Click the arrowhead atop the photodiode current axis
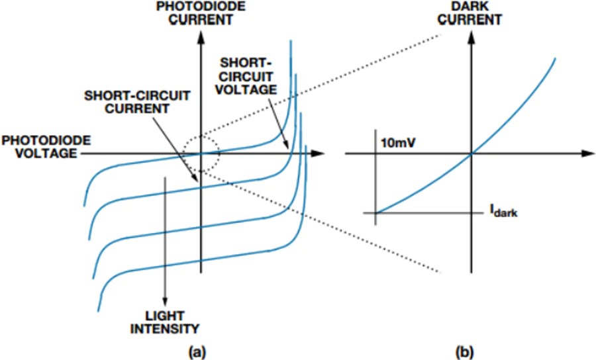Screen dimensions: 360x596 click(201, 34)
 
